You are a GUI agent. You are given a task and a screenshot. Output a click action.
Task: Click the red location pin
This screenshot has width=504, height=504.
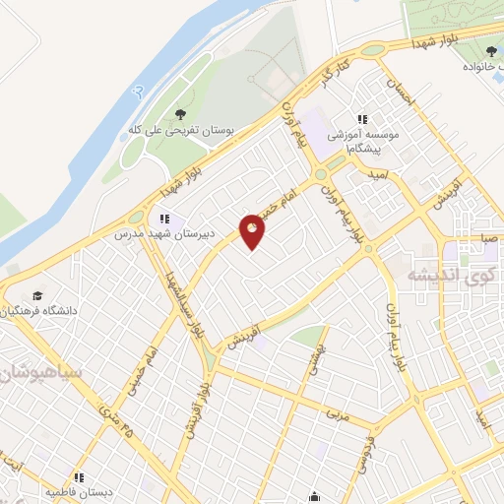coord(253,233)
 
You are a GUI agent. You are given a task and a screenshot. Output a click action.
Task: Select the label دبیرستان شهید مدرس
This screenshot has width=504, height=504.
coord(166,235)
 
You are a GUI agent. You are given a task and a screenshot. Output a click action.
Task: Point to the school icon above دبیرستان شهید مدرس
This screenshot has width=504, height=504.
coord(164,219)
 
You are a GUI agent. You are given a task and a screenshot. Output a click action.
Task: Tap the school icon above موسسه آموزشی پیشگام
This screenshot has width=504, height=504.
coord(362,120)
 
